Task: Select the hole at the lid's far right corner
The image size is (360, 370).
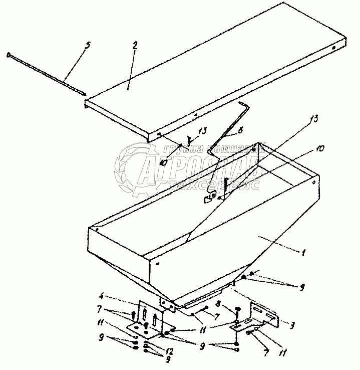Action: point(333,49)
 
